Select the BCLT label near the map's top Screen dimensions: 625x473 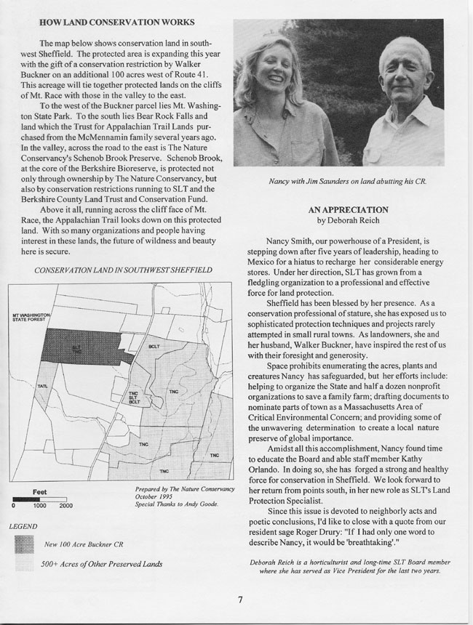pos(154,347)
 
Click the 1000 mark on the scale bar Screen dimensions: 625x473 pos(39,506)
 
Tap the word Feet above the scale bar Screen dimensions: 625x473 pos(39,491)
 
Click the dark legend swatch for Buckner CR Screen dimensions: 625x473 pos(25,543)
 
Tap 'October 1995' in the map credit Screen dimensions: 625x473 pos(154,497)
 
